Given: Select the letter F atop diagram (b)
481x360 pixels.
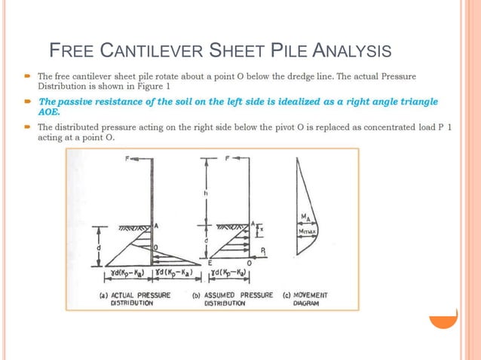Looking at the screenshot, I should pos(226,160).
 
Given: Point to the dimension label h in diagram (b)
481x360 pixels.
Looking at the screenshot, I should pos(206,194).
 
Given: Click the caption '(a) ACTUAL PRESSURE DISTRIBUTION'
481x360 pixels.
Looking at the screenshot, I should pos(135,299).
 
